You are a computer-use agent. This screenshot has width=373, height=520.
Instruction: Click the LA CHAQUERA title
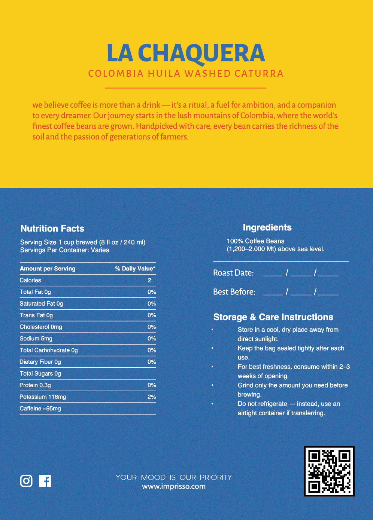(186, 53)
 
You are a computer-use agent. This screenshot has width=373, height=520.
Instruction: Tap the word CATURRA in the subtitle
(259, 74)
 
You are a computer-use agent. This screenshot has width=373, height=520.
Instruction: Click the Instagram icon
(26, 481)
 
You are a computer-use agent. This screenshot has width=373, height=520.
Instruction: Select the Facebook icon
(45, 481)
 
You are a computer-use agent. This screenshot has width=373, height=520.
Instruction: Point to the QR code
(329, 471)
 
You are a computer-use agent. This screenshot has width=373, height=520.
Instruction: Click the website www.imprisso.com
(174, 486)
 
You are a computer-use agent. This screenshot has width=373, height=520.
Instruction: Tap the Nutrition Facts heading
(52, 229)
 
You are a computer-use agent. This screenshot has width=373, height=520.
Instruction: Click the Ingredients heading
(267, 227)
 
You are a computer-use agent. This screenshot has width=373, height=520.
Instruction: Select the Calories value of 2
(149, 280)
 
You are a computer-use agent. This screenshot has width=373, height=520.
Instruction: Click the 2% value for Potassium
(152, 397)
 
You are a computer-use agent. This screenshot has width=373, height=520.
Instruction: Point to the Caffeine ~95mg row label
(40, 409)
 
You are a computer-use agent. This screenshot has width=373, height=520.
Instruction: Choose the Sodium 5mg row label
(36, 339)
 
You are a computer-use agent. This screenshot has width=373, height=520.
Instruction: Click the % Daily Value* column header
(135, 269)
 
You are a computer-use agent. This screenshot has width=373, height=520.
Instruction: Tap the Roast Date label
(233, 273)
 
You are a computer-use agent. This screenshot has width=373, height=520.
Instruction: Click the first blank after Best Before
(273, 292)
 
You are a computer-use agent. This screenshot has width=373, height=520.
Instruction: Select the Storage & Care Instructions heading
(273, 317)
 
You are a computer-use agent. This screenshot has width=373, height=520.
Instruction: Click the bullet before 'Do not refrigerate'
(212, 404)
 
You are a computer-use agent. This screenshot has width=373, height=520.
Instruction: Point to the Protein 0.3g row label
(35, 385)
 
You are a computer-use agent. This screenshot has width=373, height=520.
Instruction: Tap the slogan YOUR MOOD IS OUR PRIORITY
(174, 477)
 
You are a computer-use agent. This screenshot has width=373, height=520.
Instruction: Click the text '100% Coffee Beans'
(255, 241)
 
